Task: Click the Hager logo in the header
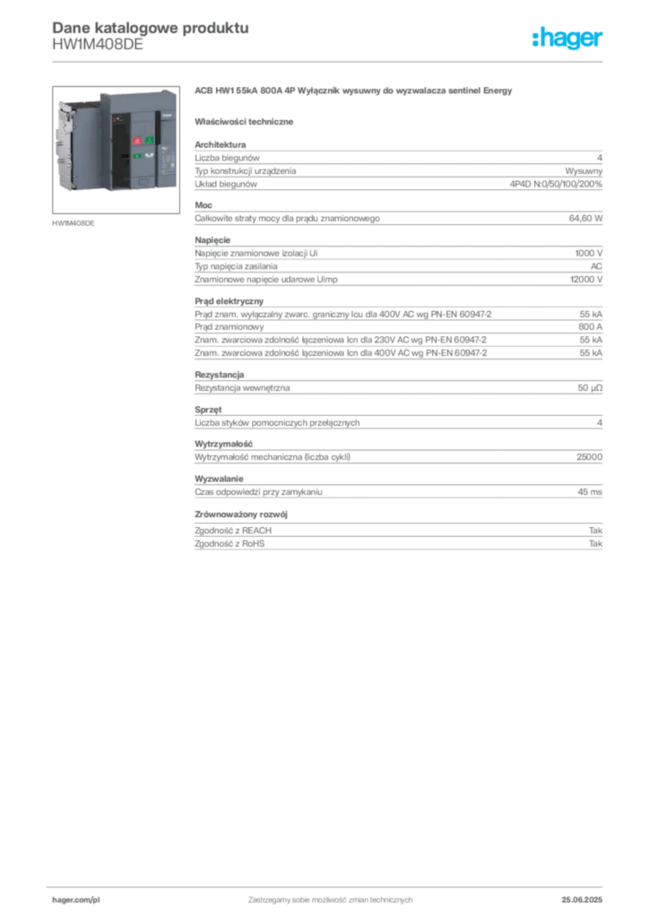tap(567, 39)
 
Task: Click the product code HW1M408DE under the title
tap(98, 45)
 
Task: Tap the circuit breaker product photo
tap(116, 150)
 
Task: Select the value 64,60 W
tap(585, 219)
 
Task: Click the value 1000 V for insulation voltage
tap(589, 253)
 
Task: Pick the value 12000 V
tap(586, 280)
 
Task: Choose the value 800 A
tap(591, 326)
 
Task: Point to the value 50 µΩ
tap(590, 387)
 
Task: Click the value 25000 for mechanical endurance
tap(589, 456)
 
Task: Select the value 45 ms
tap(590, 492)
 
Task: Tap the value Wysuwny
tap(584, 171)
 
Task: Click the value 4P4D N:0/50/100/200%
tap(556, 184)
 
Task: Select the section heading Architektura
tap(220, 144)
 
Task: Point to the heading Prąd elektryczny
tap(229, 301)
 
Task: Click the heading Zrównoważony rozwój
tap(241, 514)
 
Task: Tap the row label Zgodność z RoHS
tap(229, 543)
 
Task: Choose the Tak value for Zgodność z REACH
tap(596, 531)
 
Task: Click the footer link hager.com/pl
tap(76, 900)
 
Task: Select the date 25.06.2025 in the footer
tap(582, 900)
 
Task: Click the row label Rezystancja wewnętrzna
tap(242, 387)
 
